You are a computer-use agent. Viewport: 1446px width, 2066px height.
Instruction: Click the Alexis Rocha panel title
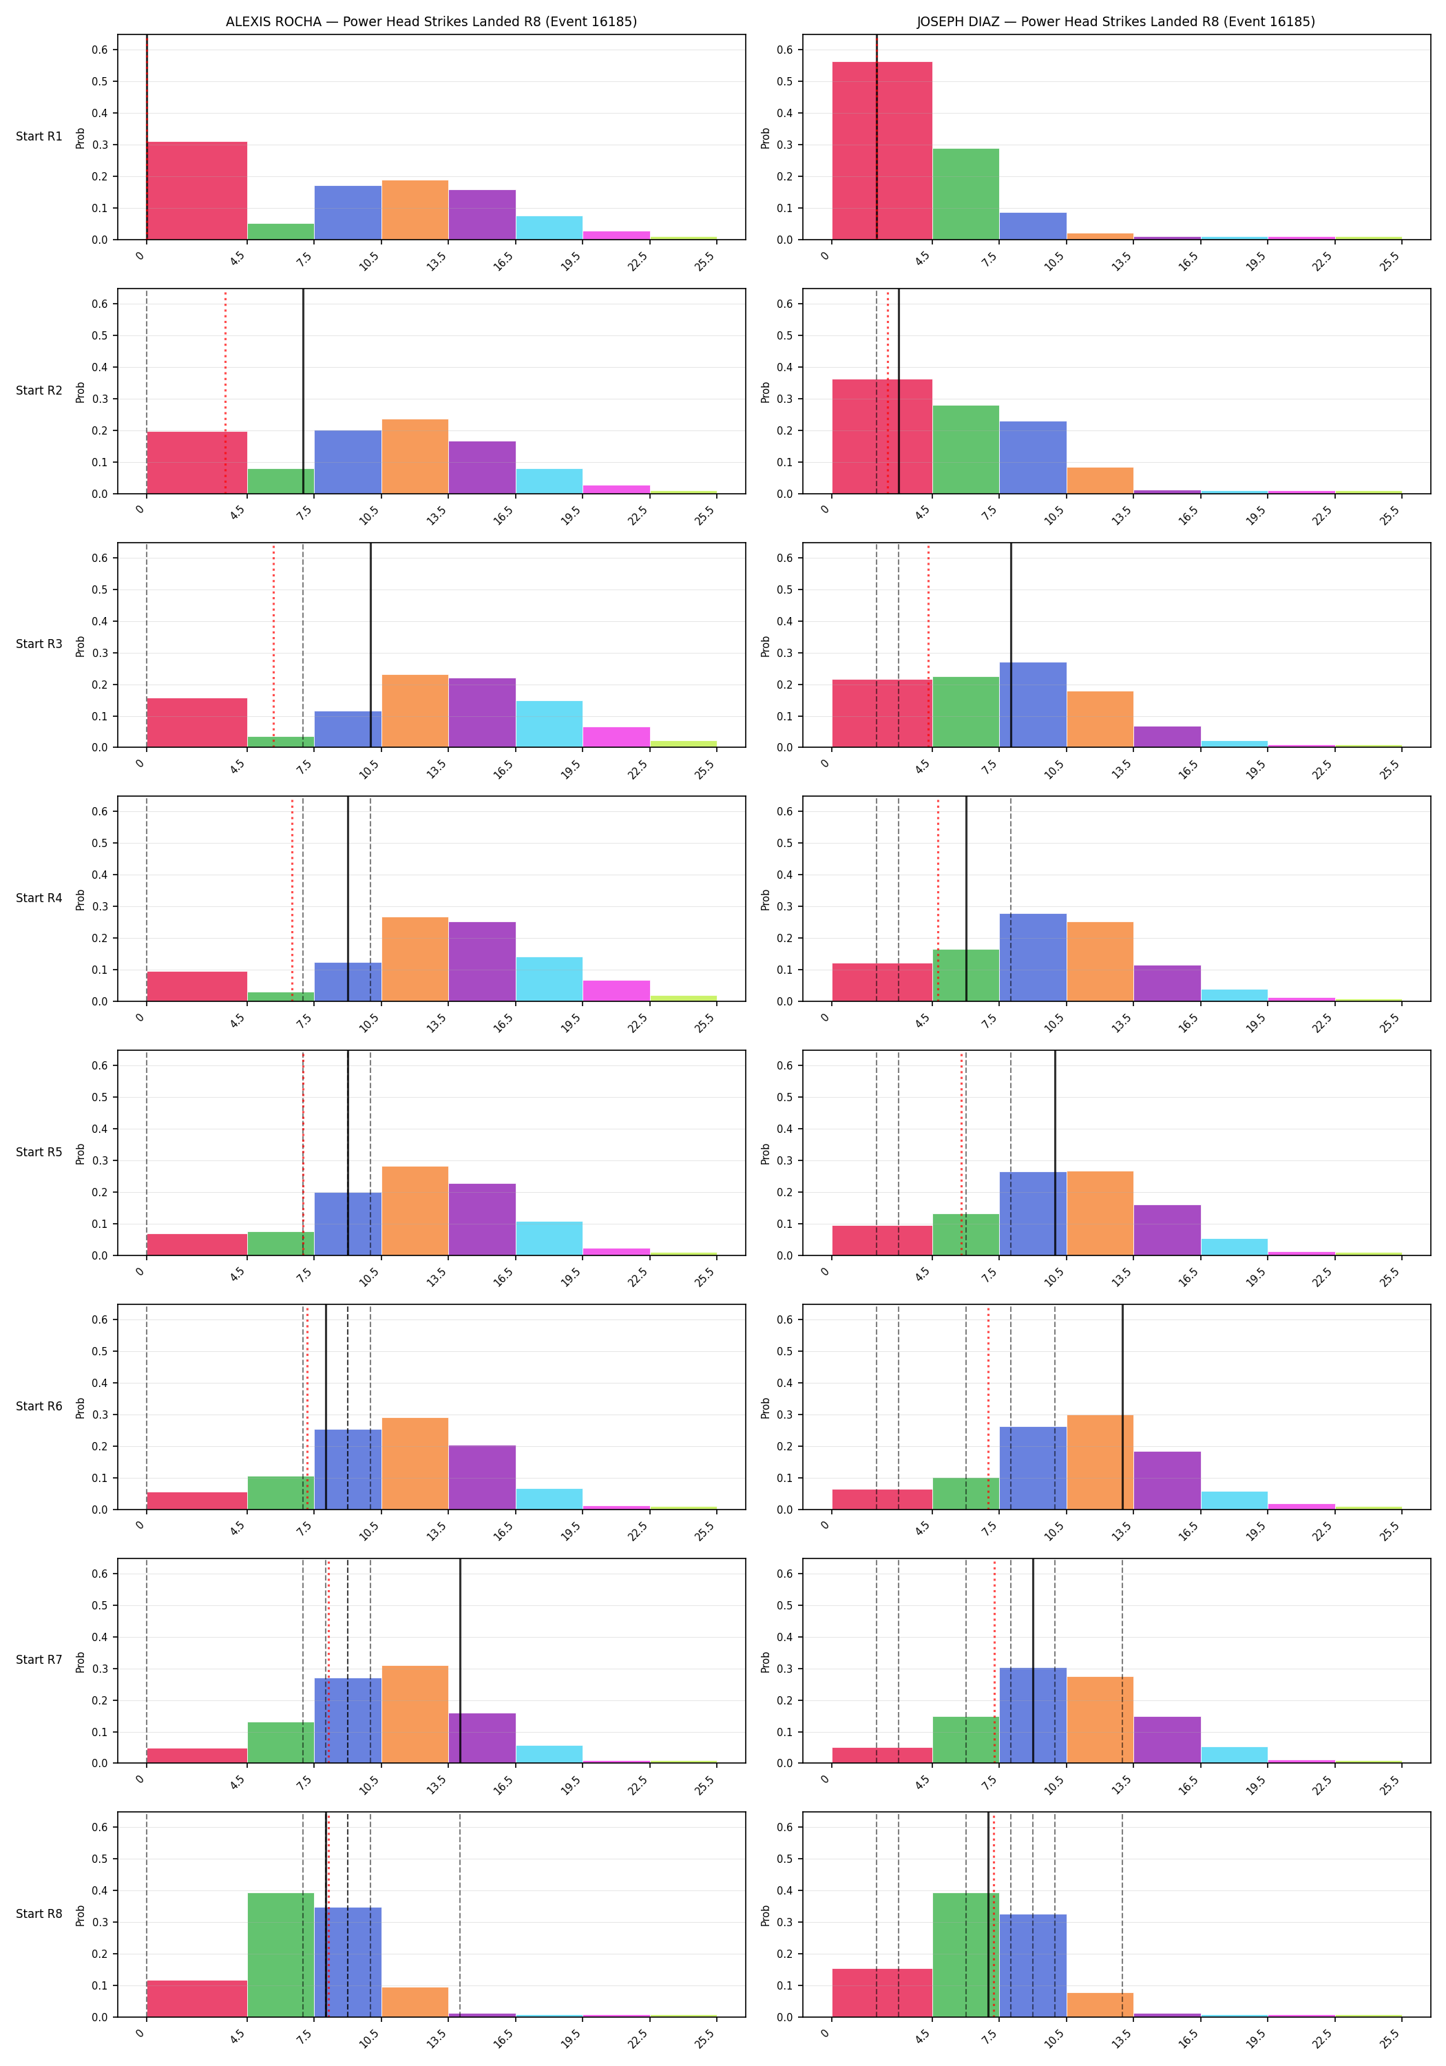pos(431,21)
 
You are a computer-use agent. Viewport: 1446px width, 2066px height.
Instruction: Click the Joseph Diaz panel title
pos(1115,21)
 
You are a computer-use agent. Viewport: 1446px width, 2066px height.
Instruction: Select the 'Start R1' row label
pos(39,137)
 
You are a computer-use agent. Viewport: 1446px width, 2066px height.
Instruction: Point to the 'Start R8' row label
pos(39,1913)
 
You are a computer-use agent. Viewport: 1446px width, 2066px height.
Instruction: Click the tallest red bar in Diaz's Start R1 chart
pos(882,150)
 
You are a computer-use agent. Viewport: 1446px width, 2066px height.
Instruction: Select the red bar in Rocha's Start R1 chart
pos(197,191)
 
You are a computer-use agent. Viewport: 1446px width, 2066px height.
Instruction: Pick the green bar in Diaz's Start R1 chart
pos(965,194)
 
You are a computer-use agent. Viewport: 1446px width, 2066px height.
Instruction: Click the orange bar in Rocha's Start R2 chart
pos(415,456)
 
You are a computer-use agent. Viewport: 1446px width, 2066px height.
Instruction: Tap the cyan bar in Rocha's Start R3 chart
pos(549,724)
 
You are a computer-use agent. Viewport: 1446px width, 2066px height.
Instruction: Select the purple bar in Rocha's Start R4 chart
pos(482,961)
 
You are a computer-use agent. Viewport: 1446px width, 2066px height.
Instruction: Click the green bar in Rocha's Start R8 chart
pos(281,1954)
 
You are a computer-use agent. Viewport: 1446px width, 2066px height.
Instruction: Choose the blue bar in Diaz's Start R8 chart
pos(1033,1965)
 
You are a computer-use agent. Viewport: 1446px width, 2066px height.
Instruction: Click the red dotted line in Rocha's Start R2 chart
pos(225,391)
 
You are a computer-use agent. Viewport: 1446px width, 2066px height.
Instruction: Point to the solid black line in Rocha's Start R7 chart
pos(460,1660)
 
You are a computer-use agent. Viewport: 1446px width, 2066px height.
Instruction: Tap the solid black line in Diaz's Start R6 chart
pos(1122,1406)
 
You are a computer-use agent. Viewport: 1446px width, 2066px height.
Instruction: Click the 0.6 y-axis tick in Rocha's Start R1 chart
pos(99,50)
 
